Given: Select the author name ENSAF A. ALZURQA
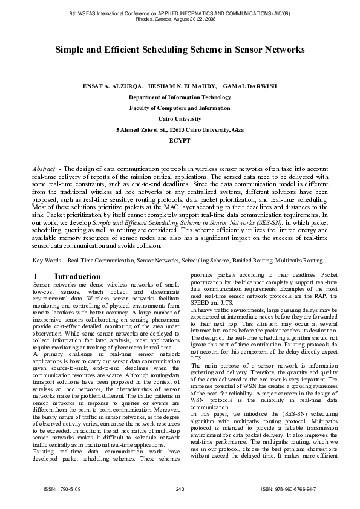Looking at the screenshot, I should pyautogui.click(x=113, y=86).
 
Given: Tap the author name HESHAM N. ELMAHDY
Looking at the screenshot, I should pyautogui.click(x=183, y=86).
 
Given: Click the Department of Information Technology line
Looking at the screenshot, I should pyautogui.click(x=180, y=97).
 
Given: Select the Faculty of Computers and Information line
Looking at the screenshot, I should pyautogui.click(x=180, y=108).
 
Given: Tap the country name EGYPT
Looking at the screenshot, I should pyautogui.click(x=180, y=140).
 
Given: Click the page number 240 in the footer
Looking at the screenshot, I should pyautogui.click(x=179, y=488).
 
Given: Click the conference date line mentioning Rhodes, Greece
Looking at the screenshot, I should pyautogui.click(x=180, y=18).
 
